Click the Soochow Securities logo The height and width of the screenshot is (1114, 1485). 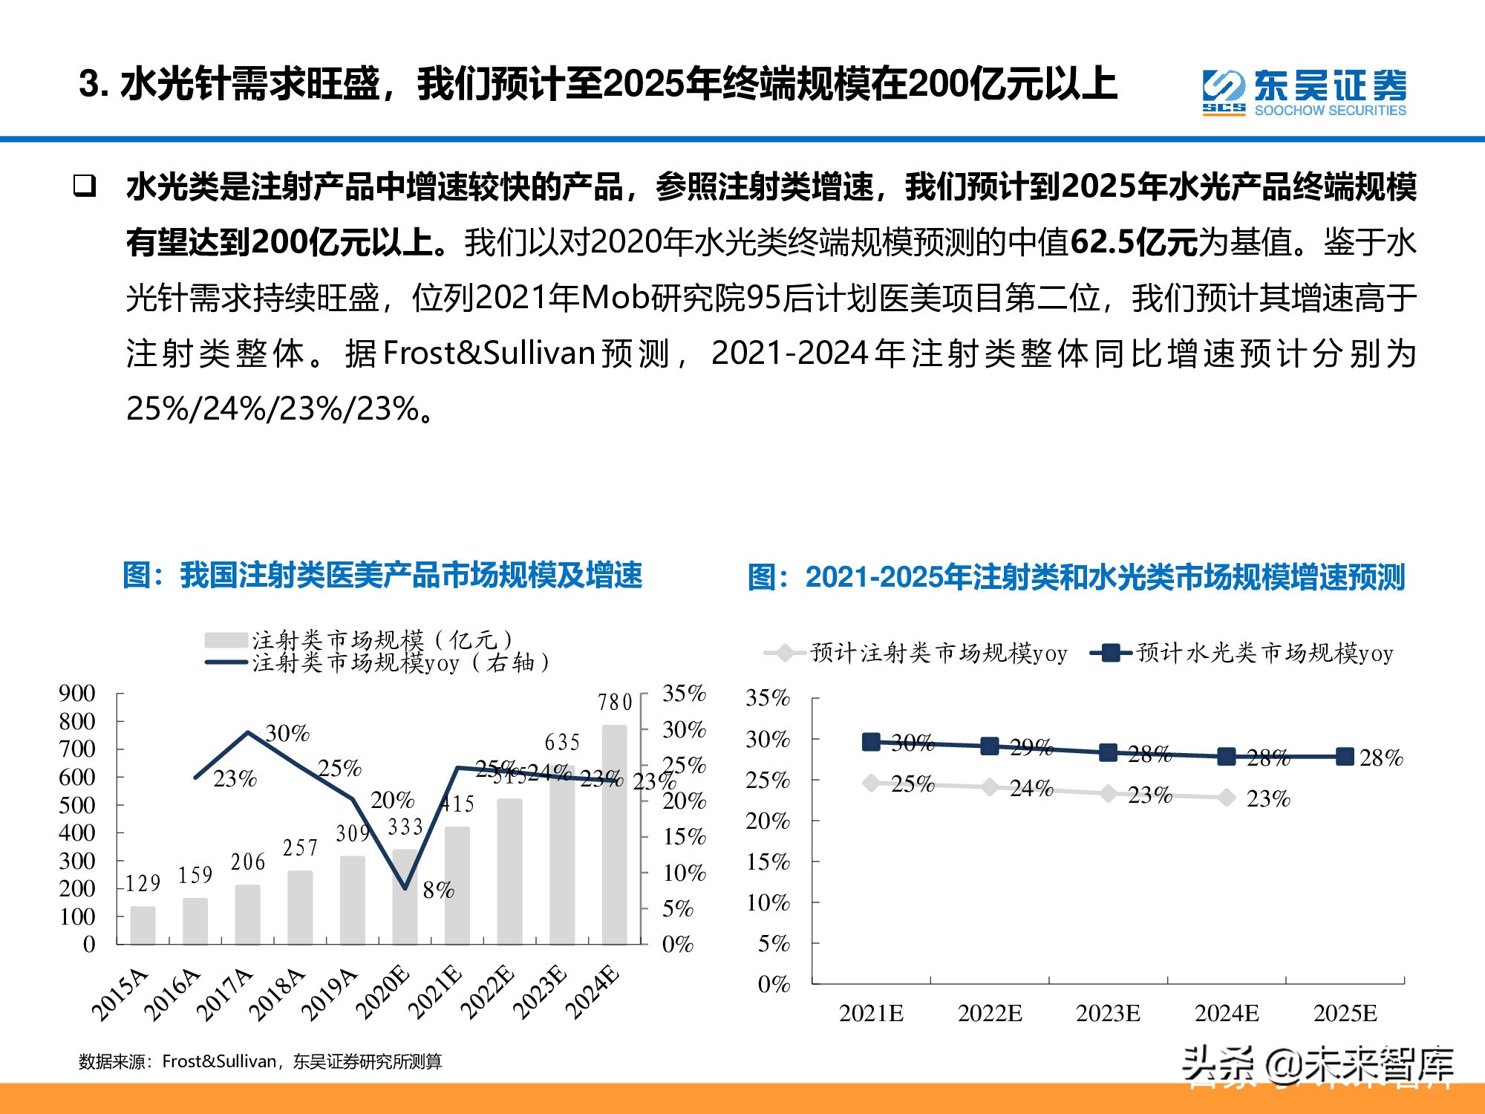(1304, 93)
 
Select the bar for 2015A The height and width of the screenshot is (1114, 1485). (143, 925)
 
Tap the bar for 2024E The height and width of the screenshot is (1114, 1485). (614, 835)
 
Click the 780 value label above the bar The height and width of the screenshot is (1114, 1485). (615, 702)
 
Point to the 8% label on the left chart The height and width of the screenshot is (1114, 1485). (438, 890)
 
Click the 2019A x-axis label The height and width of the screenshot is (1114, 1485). (331, 994)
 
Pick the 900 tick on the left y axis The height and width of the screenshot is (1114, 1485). (77, 694)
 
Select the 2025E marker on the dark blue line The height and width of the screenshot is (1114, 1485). (1345, 757)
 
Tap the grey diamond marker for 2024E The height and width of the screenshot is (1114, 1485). (1227, 798)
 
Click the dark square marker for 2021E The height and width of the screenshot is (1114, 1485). (871, 741)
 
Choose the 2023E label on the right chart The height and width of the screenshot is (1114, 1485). (1108, 1013)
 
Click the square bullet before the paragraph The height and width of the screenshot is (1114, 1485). (85, 186)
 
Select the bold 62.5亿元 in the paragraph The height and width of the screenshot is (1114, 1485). (1133, 243)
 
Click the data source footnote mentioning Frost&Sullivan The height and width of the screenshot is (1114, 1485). (260, 1061)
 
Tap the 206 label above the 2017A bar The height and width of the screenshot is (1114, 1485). (248, 862)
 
